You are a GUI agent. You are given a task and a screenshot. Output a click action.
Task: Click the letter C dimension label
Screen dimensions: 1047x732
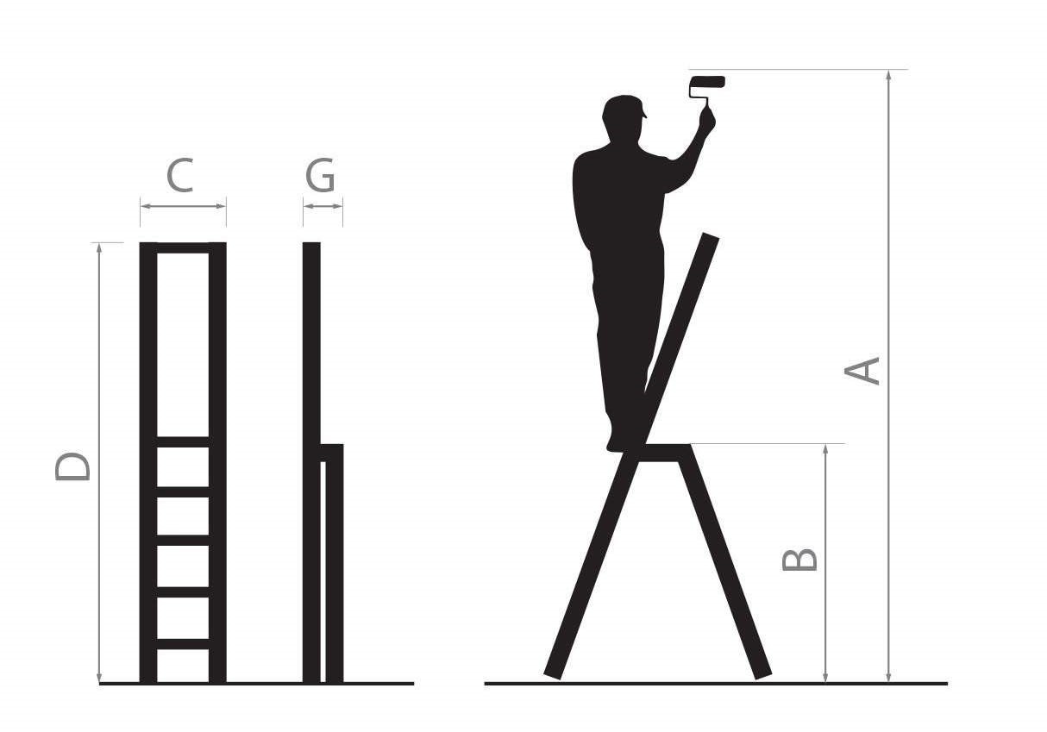pos(180,175)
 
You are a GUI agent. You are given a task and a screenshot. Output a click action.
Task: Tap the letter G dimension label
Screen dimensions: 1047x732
pos(320,175)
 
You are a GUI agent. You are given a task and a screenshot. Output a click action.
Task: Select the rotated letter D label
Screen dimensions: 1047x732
pos(72,466)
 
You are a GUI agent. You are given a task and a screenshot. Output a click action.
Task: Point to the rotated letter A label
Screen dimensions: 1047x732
pos(862,371)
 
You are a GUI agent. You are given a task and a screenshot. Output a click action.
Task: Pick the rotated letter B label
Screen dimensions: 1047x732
pos(799,560)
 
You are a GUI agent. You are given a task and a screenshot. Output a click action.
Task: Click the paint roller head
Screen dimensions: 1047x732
pos(708,82)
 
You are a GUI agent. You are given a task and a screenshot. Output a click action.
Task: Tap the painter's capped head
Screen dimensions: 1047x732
pos(623,114)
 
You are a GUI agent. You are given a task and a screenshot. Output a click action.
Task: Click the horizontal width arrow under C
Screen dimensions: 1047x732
pos(183,206)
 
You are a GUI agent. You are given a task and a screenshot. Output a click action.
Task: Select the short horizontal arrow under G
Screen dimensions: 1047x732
pos(323,206)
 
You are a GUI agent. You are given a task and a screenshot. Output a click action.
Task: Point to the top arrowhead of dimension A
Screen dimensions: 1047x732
pos(888,75)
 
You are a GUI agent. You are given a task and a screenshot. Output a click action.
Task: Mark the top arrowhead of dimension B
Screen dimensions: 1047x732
pos(825,449)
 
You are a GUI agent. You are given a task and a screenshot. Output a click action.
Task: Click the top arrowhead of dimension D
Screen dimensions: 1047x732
pos(99,248)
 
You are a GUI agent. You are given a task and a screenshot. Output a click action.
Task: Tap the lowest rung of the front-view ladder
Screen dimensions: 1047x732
pos(183,644)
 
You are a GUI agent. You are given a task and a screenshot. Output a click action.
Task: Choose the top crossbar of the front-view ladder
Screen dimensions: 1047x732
pos(183,247)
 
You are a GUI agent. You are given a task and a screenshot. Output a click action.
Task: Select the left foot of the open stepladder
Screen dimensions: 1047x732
pos(553,674)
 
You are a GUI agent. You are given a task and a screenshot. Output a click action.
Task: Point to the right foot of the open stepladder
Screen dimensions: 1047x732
pos(763,675)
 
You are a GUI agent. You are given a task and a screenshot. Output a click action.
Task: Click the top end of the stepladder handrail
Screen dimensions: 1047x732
pos(711,236)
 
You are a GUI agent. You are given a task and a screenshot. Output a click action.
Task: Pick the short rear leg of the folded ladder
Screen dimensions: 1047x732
pos(335,563)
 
